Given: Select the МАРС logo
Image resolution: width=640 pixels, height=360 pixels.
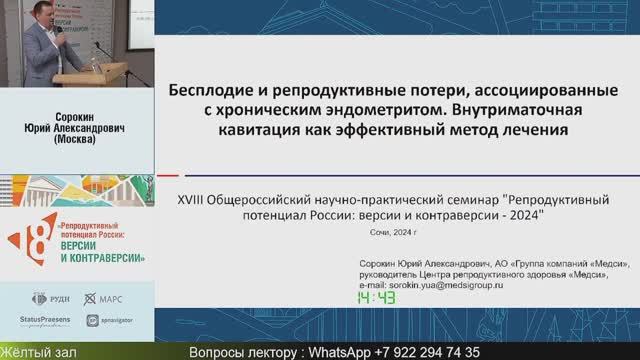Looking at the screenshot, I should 104,298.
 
